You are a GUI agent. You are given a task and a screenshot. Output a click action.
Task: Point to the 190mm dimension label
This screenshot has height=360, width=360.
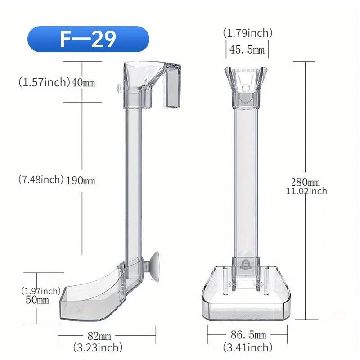click(x=81, y=181)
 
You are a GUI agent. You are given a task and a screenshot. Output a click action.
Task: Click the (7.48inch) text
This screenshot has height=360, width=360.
click(x=41, y=180)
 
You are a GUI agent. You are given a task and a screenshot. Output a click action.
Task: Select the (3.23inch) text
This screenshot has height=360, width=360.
click(x=99, y=347)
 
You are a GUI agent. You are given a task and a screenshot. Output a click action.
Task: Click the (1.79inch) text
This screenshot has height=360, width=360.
click(x=247, y=33)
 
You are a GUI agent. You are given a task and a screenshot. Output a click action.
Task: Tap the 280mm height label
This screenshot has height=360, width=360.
click(x=305, y=182)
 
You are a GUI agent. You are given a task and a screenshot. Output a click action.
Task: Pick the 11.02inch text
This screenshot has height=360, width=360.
click(x=306, y=191)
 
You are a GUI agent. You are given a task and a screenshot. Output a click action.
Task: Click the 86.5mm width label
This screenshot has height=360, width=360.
click(x=248, y=336)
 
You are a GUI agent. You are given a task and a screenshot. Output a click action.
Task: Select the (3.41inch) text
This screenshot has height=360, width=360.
click(x=247, y=347)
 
